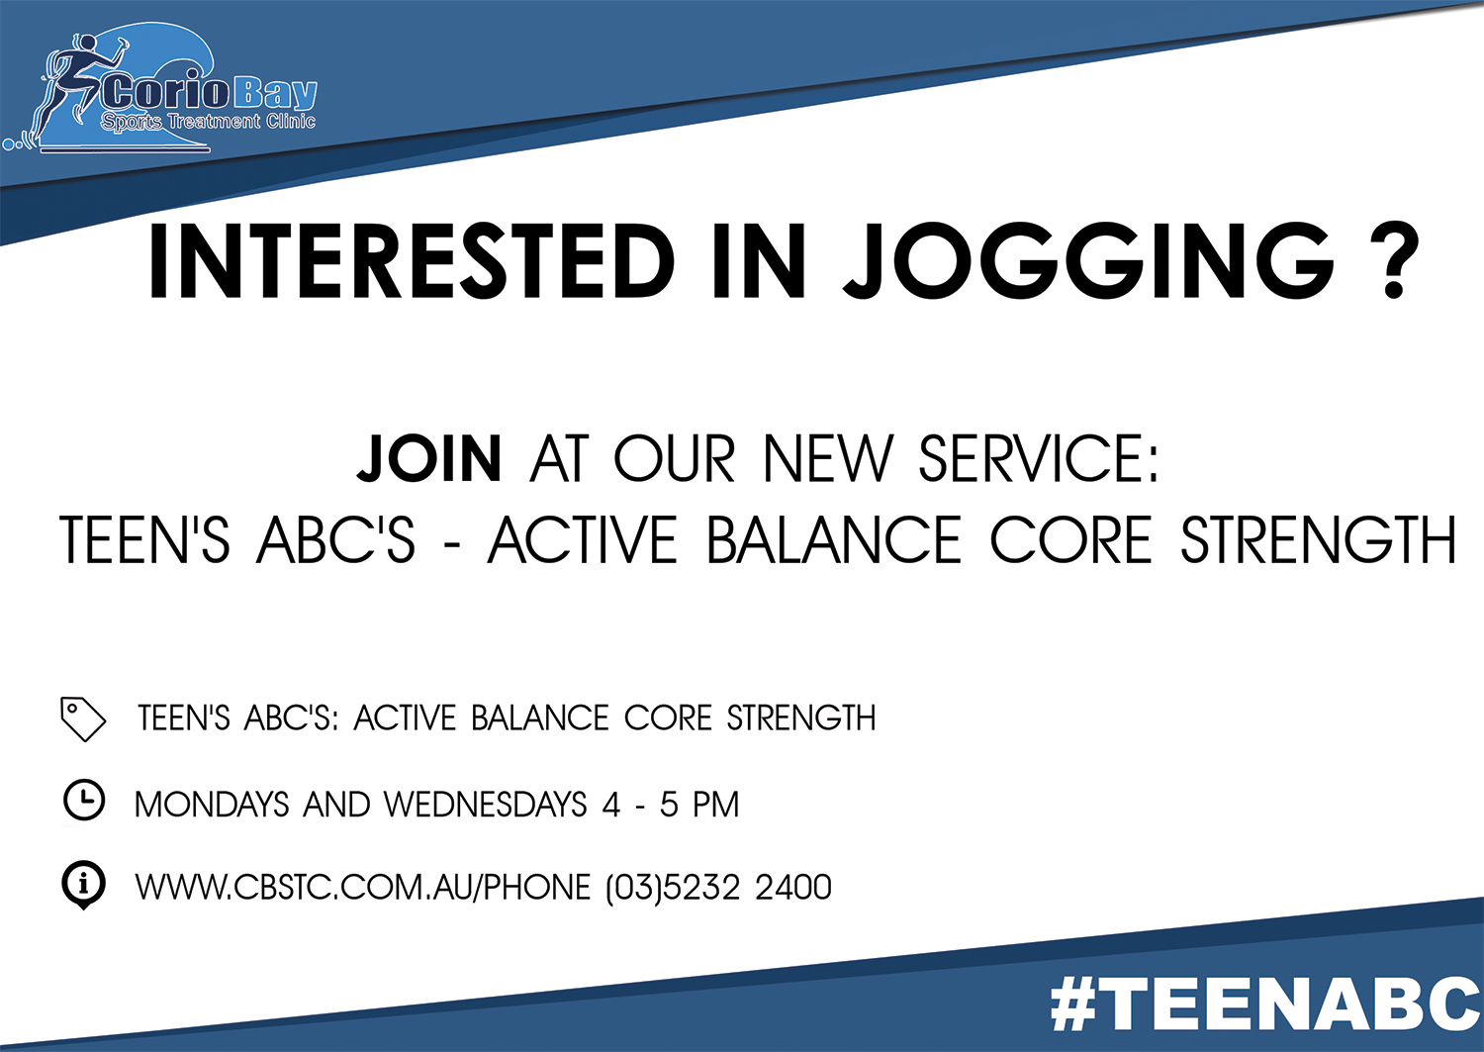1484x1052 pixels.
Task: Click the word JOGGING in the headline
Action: pyautogui.click(x=1088, y=262)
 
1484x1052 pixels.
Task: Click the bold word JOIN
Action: pyautogui.click(x=429, y=458)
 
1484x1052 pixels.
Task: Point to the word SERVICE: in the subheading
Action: pyautogui.click(x=1038, y=458)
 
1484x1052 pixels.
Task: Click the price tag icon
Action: pyautogui.click(x=83, y=718)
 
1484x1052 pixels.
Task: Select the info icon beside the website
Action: pyautogui.click(x=83, y=885)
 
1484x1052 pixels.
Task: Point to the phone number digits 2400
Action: pyautogui.click(x=793, y=887)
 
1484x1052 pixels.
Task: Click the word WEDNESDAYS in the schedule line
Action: pyautogui.click(x=486, y=805)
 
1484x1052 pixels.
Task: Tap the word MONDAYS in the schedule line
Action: pyautogui.click(x=212, y=805)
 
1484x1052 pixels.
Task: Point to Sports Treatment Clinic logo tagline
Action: pyautogui.click(x=208, y=122)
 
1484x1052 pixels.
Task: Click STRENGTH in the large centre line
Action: pyautogui.click(x=1319, y=540)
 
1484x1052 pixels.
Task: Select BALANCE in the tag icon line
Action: pyautogui.click(x=540, y=718)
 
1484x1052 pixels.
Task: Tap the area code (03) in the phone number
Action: pyautogui.click(x=634, y=887)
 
